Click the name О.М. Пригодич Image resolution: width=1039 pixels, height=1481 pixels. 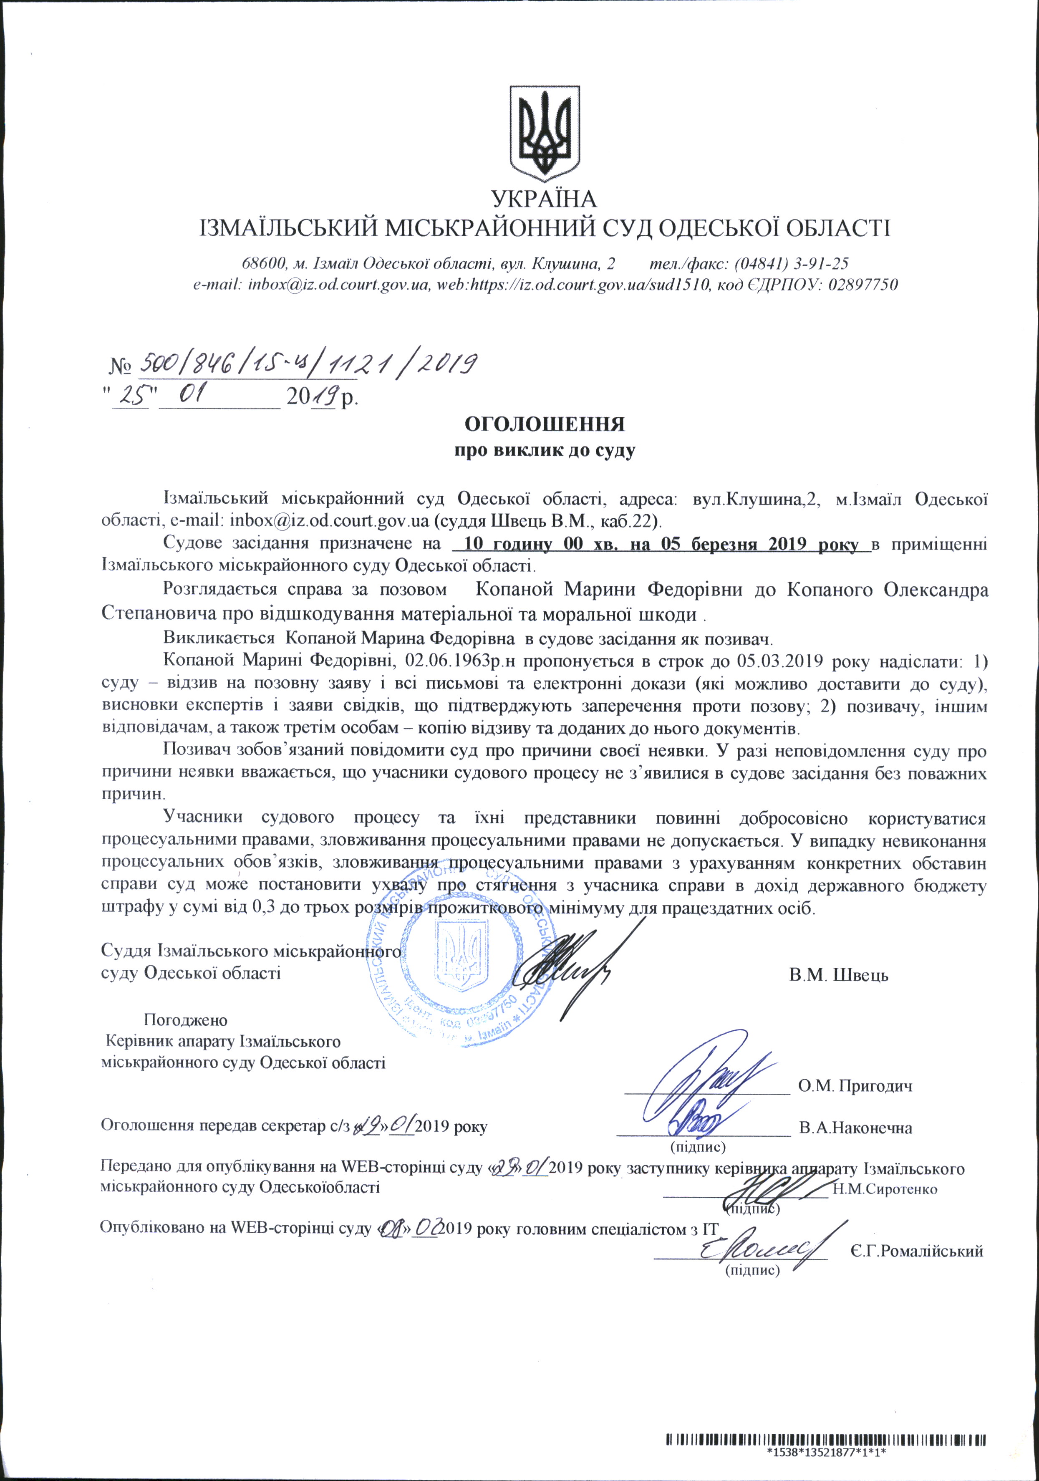pyautogui.click(x=855, y=1085)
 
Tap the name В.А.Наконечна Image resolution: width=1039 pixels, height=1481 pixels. pyautogui.click(x=855, y=1128)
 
